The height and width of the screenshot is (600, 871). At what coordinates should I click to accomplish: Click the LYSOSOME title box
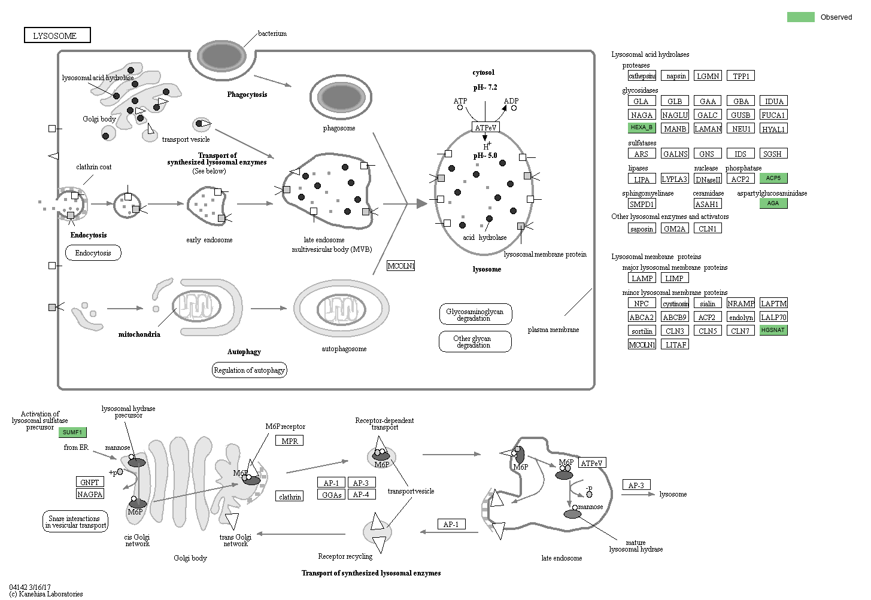(57, 36)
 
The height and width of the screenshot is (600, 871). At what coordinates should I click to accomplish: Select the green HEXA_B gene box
(642, 127)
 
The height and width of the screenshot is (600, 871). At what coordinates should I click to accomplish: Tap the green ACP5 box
(773, 178)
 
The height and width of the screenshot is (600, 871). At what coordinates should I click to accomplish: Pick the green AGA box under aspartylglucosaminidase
(773, 203)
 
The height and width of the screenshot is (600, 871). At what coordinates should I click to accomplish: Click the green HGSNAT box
(773, 330)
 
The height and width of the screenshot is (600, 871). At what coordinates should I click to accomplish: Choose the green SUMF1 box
(72, 433)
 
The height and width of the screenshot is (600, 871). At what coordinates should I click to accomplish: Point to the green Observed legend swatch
(800, 17)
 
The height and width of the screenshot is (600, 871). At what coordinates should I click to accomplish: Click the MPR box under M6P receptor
(290, 441)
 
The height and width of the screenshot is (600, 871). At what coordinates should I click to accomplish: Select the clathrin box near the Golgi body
(290, 497)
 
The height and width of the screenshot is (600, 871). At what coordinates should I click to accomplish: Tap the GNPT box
(90, 482)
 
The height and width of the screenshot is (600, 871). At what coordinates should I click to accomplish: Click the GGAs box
(332, 495)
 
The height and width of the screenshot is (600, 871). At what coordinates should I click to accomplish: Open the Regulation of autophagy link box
(249, 370)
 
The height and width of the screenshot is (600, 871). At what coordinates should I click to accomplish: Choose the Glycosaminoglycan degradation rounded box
(475, 314)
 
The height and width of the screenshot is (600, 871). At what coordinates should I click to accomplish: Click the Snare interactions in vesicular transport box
(75, 522)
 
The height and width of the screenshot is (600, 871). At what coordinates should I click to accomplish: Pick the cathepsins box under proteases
(642, 76)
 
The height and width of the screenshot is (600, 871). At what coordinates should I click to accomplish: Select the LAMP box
(642, 278)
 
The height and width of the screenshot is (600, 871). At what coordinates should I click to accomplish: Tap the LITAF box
(676, 345)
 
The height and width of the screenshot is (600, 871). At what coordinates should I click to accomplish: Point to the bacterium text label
(272, 33)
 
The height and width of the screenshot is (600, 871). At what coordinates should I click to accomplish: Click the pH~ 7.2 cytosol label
(485, 87)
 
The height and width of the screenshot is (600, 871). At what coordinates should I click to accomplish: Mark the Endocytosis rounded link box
(93, 253)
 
